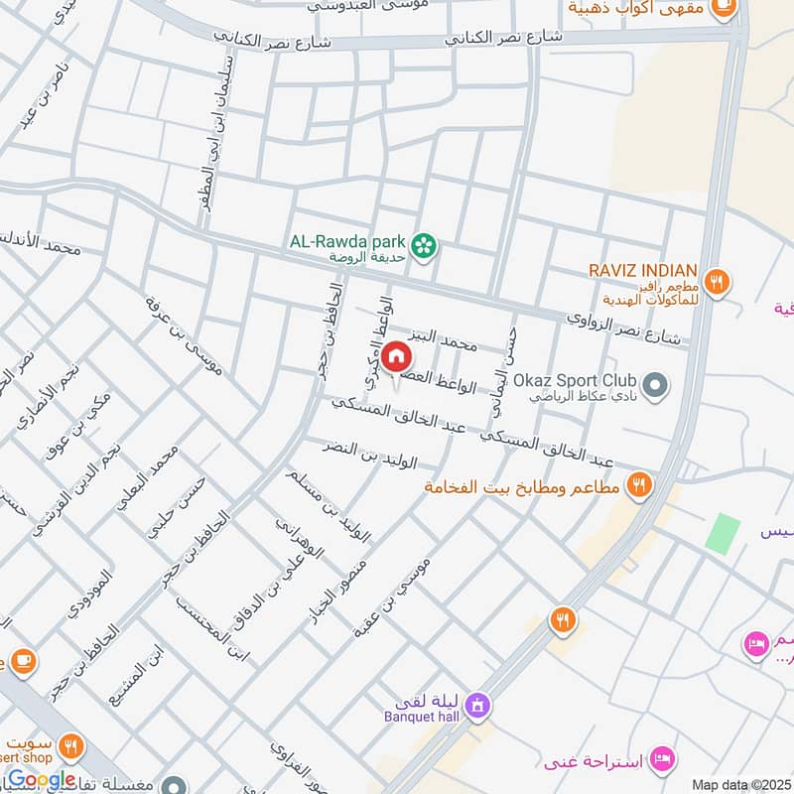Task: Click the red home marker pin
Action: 395,356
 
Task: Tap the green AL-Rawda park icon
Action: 425,244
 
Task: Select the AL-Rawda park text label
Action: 348,239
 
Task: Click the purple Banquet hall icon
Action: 477,706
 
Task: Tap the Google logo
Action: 41,780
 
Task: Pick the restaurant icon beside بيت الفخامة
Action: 639,485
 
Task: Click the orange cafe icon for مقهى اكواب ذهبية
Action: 725,9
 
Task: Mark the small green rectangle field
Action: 723,534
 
